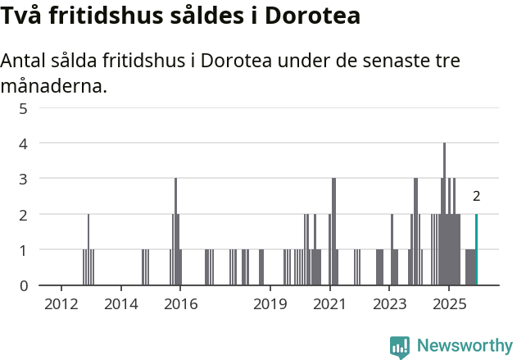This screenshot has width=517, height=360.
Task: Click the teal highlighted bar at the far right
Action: pyautogui.click(x=476, y=249)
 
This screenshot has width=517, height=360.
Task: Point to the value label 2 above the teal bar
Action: pyautogui.click(x=476, y=196)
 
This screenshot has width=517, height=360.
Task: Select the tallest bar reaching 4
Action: pyautogui.click(x=444, y=214)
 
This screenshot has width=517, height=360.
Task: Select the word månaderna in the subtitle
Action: pyautogui.click(x=53, y=85)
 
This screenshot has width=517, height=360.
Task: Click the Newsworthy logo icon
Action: pyautogui.click(x=400, y=347)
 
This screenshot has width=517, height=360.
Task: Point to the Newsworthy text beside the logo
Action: pyautogui.click(x=464, y=346)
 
